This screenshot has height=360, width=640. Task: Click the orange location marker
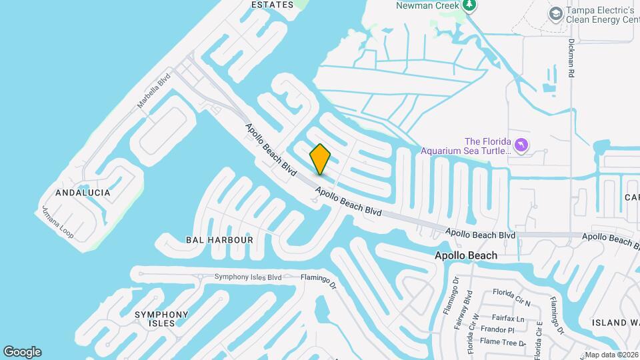pos(320,159)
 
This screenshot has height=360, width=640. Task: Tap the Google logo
pos(22,352)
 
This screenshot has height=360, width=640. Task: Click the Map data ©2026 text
pos(611,355)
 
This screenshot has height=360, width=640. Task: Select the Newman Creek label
pos(428,5)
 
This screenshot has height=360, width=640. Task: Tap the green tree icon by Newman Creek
pos(470,5)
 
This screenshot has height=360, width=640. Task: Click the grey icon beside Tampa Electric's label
pos(555,13)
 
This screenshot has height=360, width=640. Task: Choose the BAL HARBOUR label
pos(219,239)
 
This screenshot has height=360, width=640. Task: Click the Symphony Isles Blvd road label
pos(247,277)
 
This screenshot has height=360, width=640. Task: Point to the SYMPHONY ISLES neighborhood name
pos(161,319)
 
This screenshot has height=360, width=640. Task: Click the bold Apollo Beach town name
pos(466,255)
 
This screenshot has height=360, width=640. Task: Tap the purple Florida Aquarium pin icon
pos(522,145)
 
